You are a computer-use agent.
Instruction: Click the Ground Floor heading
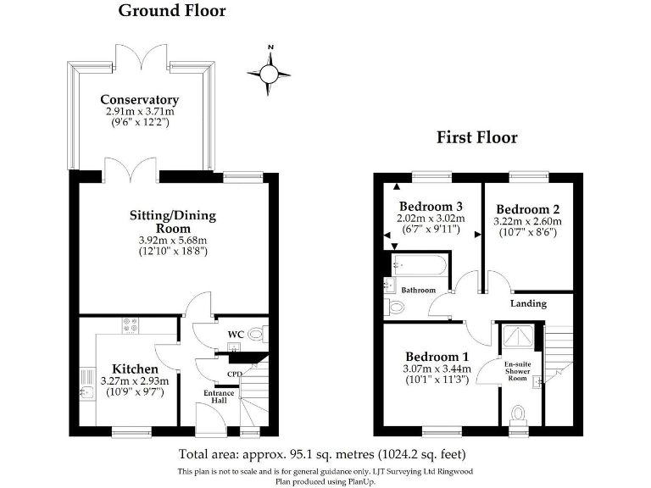(x=172, y=11)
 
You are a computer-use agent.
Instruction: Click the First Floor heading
(x=476, y=137)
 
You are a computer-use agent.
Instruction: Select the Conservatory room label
(x=139, y=99)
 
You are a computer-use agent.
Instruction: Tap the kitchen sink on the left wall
(x=86, y=386)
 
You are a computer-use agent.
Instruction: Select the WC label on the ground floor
(x=236, y=334)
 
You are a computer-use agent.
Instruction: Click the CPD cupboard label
(x=235, y=374)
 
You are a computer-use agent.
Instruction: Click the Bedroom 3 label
(x=431, y=206)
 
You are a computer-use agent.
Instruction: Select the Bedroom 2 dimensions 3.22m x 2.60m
(x=527, y=221)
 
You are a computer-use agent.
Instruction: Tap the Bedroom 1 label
(x=437, y=356)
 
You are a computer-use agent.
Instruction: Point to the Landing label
(x=528, y=303)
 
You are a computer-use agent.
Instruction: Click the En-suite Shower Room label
(x=517, y=371)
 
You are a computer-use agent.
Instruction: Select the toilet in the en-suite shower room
(x=518, y=413)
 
